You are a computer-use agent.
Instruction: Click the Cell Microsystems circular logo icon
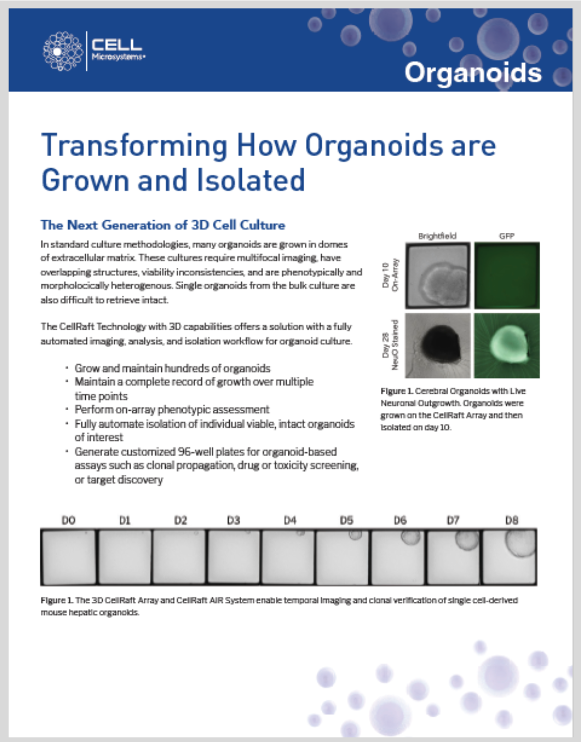click(x=63, y=51)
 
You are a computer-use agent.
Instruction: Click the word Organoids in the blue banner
click(x=473, y=73)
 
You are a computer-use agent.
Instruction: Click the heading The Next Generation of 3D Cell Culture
click(x=163, y=225)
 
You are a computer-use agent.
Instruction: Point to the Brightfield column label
click(x=437, y=236)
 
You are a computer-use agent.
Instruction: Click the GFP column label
click(x=506, y=236)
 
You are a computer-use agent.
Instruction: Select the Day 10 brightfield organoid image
click(x=438, y=275)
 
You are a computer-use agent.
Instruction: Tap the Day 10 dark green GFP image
click(x=507, y=275)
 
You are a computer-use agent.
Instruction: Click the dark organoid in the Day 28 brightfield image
click(x=441, y=344)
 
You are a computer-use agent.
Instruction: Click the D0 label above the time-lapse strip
click(x=68, y=520)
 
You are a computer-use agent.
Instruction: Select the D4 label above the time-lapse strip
click(x=290, y=520)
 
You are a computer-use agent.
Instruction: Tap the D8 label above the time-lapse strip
click(x=512, y=520)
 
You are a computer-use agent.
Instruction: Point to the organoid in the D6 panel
click(x=408, y=537)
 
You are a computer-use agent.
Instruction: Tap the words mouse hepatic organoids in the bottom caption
click(x=90, y=612)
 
